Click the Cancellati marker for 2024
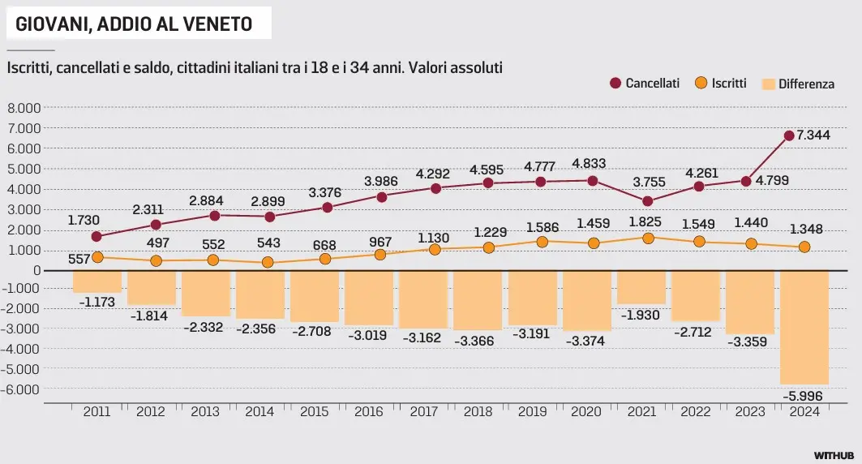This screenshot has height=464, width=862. point(788,136)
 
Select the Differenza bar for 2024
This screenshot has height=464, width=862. point(804,327)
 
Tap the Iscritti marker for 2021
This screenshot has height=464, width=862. point(648,238)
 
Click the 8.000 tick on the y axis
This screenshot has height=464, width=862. point(24,108)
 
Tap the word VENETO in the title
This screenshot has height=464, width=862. point(219,24)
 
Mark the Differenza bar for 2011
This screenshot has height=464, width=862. point(97,281)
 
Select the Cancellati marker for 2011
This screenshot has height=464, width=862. point(97,237)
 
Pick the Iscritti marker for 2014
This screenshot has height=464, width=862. point(267,263)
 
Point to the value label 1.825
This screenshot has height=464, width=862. point(647,221)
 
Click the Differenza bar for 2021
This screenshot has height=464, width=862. point(641,287)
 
